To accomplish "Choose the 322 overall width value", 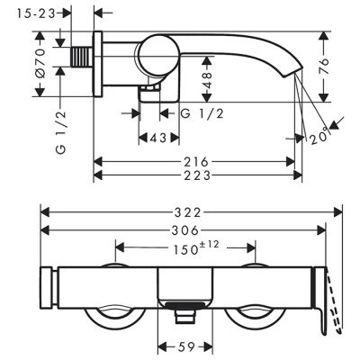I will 188,212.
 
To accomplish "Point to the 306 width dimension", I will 185,230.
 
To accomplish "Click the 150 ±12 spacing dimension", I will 188,247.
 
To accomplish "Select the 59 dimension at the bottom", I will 184,345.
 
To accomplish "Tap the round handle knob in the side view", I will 155,56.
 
